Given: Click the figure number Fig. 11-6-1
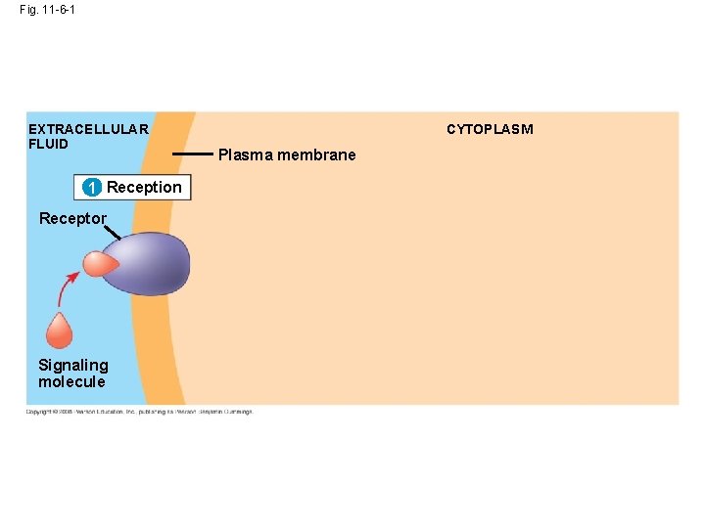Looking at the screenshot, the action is coord(46,10).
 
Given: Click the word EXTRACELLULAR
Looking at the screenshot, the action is coord(88,129).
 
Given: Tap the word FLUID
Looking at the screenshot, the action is coord(48,144).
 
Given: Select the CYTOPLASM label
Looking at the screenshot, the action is coord(490,129).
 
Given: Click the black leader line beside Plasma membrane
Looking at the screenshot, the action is coord(192,154).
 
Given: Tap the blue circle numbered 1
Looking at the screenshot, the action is coord(90,188).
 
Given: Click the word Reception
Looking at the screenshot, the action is coord(144,187).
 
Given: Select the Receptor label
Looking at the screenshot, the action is coord(72,218).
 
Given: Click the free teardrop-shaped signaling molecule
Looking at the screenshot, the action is coord(60,330).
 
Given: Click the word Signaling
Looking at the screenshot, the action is coord(73,365).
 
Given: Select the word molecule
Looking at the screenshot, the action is coord(71,381).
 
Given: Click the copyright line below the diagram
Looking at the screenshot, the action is coord(139,412).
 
